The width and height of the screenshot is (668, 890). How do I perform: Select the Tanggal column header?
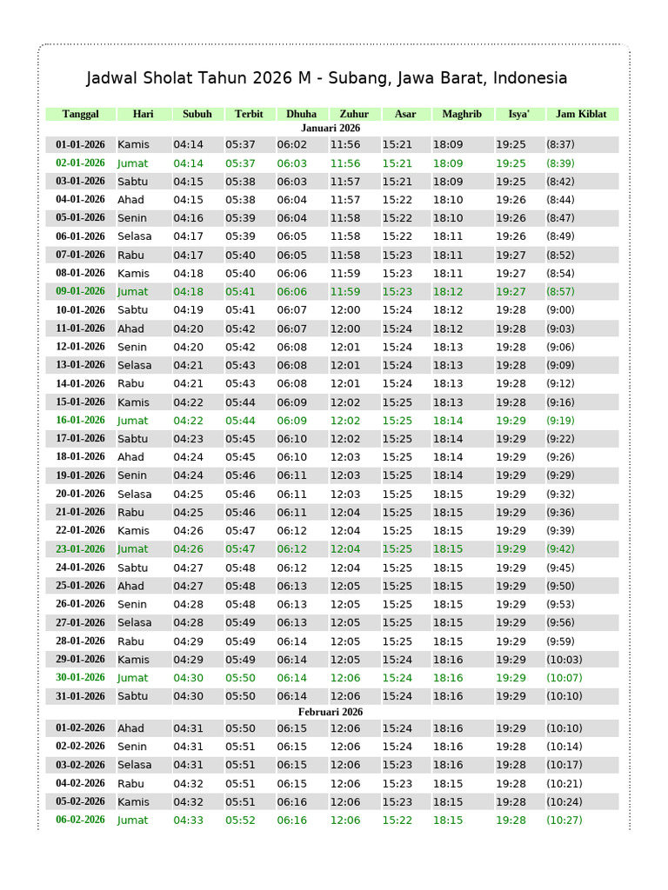pyautogui.click(x=81, y=114)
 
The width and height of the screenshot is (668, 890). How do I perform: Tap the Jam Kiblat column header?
pyautogui.click(x=581, y=114)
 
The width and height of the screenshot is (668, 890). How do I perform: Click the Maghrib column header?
pyautogui.click(x=461, y=114)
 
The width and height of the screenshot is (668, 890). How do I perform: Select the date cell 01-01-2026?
pyautogui.click(x=80, y=144)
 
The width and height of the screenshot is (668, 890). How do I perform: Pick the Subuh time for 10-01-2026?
pyautogui.click(x=188, y=309)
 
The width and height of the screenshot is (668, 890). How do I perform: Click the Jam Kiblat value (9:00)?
pyautogui.click(x=559, y=309)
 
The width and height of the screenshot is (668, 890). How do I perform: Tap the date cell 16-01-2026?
pyautogui.click(x=80, y=420)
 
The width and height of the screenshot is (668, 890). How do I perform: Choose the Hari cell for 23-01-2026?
pyautogui.click(x=133, y=548)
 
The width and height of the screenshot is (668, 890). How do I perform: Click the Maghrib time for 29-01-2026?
pyautogui.click(x=448, y=659)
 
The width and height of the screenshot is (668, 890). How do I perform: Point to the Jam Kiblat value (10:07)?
pyautogui.click(x=564, y=678)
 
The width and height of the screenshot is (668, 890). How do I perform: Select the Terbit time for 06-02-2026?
pyautogui.click(x=240, y=820)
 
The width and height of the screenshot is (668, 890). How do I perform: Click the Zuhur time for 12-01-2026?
pyautogui.click(x=345, y=347)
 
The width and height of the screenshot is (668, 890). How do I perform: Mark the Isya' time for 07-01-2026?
pyautogui.click(x=511, y=255)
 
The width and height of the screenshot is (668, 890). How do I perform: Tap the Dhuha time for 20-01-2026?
pyautogui.click(x=292, y=494)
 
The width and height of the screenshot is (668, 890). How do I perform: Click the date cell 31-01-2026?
pyautogui.click(x=80, y=696)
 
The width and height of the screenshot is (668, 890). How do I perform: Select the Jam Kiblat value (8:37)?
pyautogui.click(x=559, y=144)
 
